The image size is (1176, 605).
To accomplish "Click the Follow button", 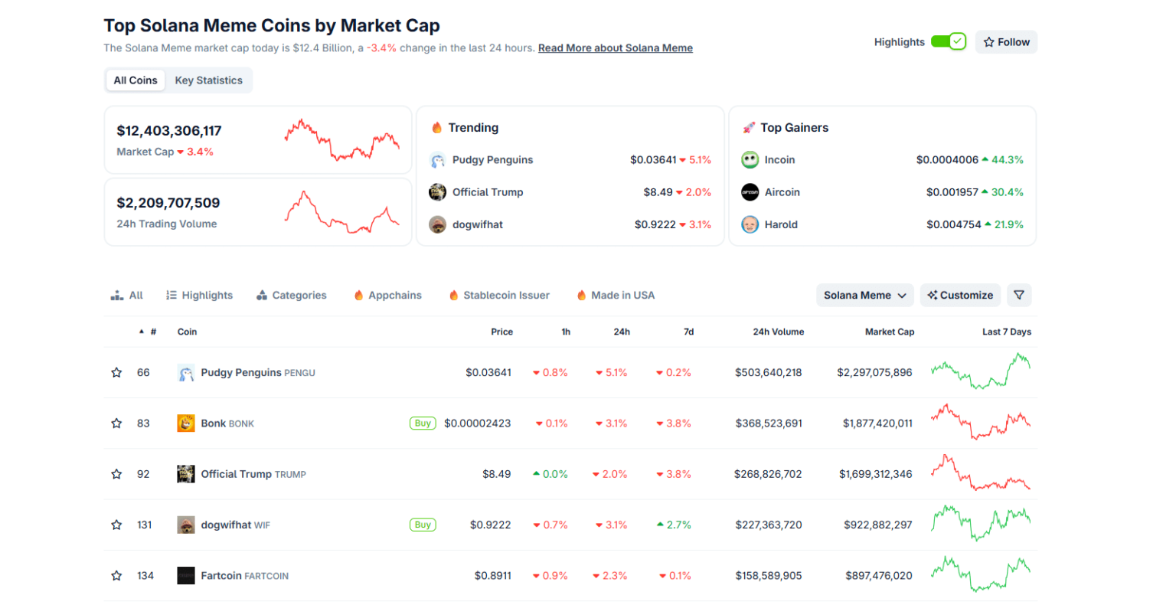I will point(1006,42).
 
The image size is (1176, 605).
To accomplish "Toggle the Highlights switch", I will point(948,42).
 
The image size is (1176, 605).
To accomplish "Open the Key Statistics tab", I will point(208,80).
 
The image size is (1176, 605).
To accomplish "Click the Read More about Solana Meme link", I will point(615,48).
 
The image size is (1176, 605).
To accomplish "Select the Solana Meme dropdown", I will point(864,296).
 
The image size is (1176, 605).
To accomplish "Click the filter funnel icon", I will point(1019,296).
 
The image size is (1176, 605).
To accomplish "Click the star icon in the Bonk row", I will point(116,423).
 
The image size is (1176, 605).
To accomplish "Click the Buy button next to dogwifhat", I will point(423,525).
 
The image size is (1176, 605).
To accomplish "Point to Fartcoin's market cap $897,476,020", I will point(878,576).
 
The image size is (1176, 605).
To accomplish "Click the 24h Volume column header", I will point(778,332).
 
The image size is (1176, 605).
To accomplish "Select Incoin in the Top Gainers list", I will point(779,160).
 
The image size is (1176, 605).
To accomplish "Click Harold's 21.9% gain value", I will point(1008,225).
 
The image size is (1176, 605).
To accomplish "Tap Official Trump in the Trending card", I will point(487,192).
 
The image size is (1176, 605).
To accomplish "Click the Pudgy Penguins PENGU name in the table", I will point(257,373).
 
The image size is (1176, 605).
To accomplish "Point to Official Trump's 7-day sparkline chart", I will point(980,474).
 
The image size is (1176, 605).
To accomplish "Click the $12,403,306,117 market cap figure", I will point(169,131).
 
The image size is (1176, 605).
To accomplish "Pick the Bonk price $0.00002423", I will point(477,423).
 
